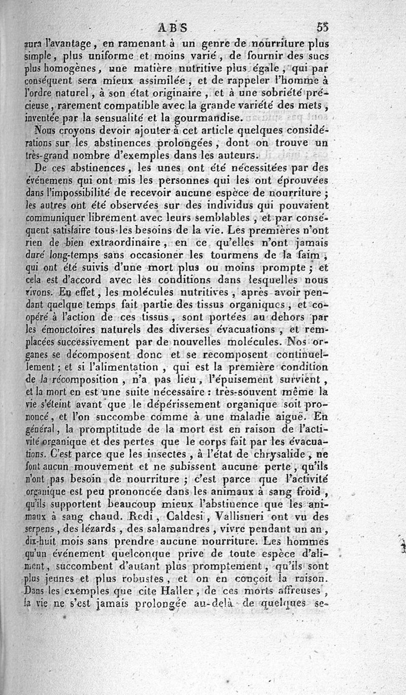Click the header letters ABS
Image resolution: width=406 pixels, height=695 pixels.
(174, 27)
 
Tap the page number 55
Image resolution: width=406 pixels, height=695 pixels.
(322, 27)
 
